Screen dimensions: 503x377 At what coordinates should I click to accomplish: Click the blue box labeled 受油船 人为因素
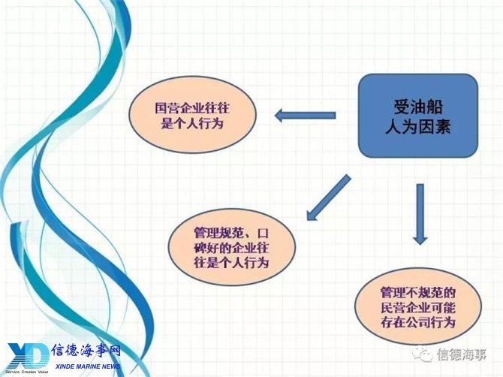418,116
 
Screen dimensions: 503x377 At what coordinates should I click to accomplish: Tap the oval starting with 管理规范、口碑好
231,247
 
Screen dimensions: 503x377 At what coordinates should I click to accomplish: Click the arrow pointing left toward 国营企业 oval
305,115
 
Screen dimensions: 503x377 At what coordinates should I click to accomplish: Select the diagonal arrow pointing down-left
328,198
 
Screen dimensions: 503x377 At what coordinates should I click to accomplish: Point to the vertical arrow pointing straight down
420,214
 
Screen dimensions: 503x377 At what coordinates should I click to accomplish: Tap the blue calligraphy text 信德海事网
86,351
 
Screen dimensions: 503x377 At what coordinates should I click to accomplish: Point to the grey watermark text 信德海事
461,355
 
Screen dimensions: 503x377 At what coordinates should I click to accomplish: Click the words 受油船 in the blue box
418,107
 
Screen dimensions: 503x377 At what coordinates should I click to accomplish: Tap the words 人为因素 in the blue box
418,125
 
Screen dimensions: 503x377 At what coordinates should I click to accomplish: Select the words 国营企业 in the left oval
173,108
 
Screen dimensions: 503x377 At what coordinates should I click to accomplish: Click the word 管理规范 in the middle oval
212,234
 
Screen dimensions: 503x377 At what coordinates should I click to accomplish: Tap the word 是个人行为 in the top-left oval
192,123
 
